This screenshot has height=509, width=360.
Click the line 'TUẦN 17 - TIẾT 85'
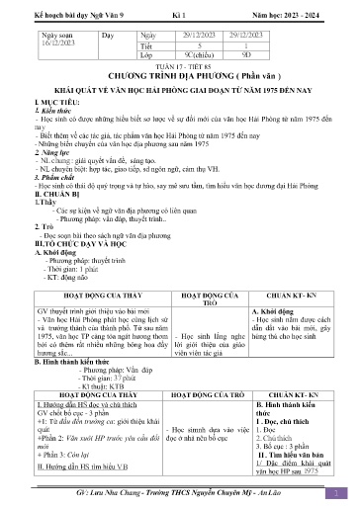pos(179,67)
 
